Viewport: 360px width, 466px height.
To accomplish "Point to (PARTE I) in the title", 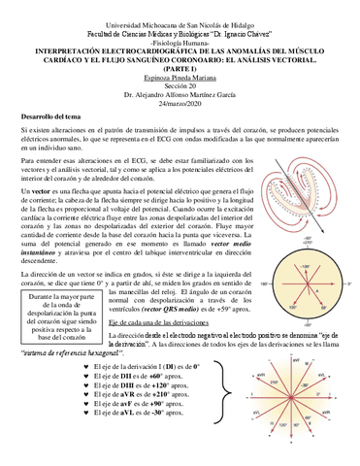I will [x=179, y=63].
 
